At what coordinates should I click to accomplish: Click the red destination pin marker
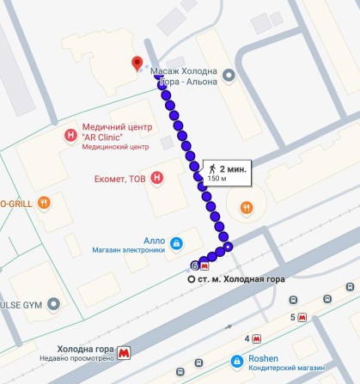pyautogui.click(x=136, y=63)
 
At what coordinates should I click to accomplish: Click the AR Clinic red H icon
pyautogui.click(x=70, y=136)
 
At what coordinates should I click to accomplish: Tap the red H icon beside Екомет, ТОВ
pyautogui.click(x=156, y=178)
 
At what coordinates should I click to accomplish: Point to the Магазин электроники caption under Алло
pyautogui.click(x=128, y=251)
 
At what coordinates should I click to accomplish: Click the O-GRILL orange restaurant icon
pyautogui.click(x=44, y=203)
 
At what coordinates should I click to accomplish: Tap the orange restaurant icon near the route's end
pyautogui.click(x=247, y=206)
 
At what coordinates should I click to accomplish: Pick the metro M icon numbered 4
pyautogui.click(x=257, y=338)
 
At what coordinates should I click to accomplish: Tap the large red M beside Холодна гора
pyautogui.click(x=125, y=351)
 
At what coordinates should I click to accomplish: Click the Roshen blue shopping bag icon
pyautogui.click(x=237, y=361)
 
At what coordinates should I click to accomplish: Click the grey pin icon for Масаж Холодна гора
pyautogui.click(x=229, y=76)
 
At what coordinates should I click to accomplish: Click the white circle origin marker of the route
pyautogui.click(x=192, y=279)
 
